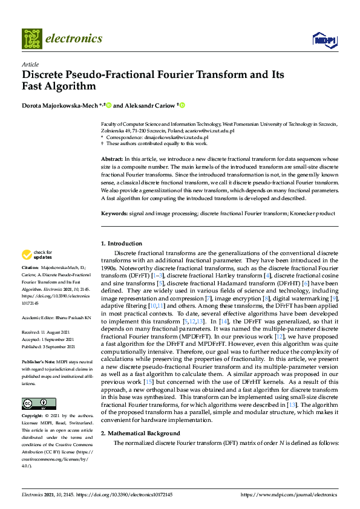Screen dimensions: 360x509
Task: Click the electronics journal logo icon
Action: tap(32, 39)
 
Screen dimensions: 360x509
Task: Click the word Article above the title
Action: tap(30, 64)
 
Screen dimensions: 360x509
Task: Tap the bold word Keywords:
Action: tap(114, 213)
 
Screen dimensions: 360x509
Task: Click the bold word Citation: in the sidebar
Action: tap(31, 267)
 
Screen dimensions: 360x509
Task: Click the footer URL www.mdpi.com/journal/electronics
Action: tap(289, 495)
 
